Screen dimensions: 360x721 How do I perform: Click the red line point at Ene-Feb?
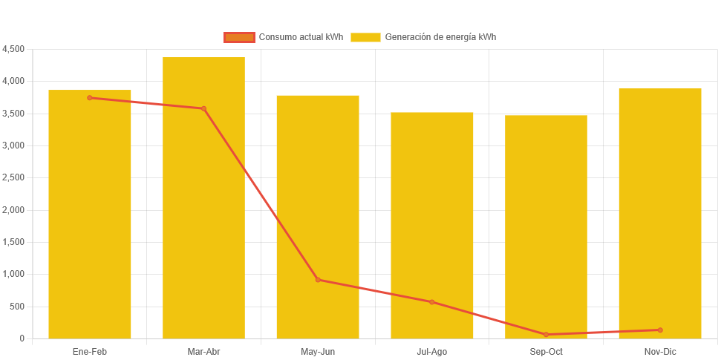(90, 98)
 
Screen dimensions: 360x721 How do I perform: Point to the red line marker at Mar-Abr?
(203, 109)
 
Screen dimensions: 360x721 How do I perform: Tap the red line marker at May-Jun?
(318, 280)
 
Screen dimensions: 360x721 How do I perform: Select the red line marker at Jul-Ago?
(431, 302)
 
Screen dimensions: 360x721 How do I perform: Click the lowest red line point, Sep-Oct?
(546, 335)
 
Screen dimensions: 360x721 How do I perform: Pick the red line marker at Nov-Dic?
(660, 330)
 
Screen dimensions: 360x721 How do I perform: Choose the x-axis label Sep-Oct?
(546, 352)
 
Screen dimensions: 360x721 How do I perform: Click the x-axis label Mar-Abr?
(203, 352)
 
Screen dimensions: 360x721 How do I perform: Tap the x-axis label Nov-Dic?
(660, 352)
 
